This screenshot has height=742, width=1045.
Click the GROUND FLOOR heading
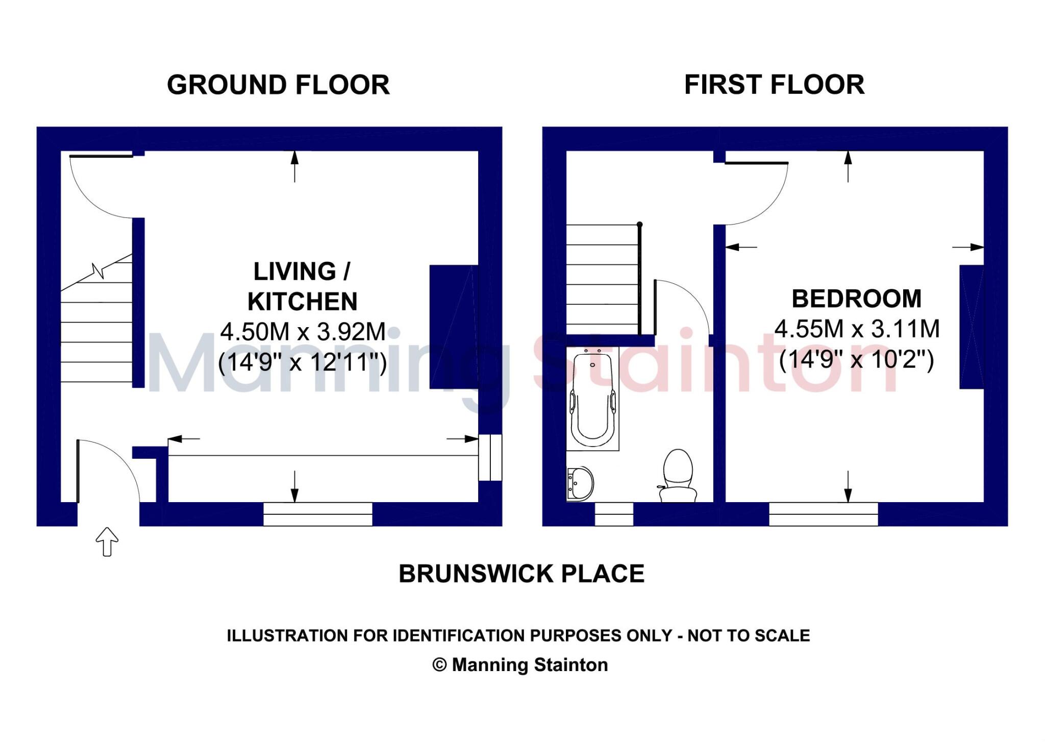(278, 85)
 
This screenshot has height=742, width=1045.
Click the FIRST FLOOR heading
(774, 85)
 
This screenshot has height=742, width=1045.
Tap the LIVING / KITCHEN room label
(302, 286)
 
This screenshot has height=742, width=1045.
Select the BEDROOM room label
(856, 299)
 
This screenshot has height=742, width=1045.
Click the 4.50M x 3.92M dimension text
(303, 332)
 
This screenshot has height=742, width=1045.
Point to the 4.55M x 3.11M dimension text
(857, 329)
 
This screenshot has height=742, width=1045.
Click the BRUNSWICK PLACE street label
(521, 574)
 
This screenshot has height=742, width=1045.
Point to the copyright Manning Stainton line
(520, 665)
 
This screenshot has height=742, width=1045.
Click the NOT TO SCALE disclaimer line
(518, 636)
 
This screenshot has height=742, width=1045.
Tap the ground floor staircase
(96, 327)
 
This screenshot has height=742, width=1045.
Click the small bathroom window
(614, 514)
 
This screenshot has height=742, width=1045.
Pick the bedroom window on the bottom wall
(823, 514)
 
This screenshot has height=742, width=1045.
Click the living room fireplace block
(453, 327)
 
